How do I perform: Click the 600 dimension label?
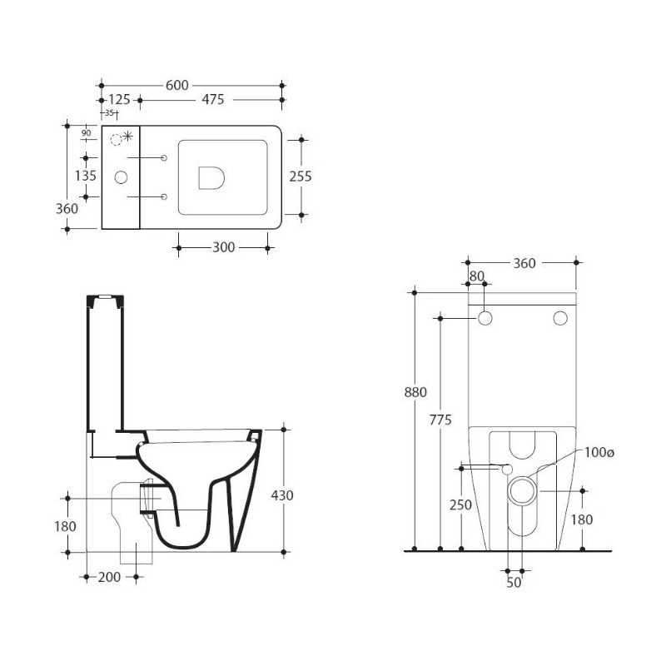(176, 86)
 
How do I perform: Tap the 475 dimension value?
(212, 99)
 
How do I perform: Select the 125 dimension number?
(119, 99)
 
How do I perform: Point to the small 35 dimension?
(109, 113)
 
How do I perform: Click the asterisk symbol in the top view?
(127, 137)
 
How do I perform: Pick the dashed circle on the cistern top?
(116, 139)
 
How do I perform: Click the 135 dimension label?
(86, 176)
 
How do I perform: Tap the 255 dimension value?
(301, 176)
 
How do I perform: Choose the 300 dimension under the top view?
(223, 247)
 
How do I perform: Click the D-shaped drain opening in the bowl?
(211, 177)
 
